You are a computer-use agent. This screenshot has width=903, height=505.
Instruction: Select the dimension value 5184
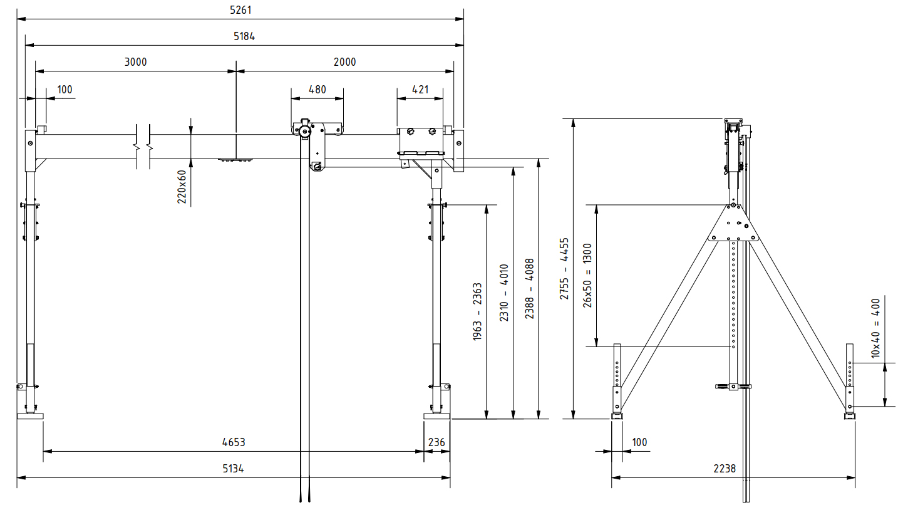[x=244, y=36]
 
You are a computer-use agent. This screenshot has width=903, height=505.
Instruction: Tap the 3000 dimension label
[x=135, y=61]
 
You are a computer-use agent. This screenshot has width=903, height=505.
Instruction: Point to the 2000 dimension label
[x=344, y=61]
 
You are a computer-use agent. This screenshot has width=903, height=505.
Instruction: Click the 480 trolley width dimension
[x=317, y=90]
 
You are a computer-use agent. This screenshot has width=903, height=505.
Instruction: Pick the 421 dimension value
[x=420, y=90]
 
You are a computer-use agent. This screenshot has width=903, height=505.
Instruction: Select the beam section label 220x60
[x=182, y=186]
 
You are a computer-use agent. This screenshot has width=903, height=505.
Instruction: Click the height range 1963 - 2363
[x=477, y=311]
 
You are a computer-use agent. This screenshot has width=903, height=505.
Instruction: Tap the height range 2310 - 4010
[x=504, y=293]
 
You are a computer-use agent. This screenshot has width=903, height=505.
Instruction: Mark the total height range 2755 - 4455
[x=564, y=268]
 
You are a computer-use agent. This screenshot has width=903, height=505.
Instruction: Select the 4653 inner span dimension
[x=234, y=442]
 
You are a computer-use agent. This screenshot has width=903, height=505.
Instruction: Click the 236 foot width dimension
[x=436, y=442]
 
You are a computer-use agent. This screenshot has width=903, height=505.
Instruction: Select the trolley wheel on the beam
[x=305, y=132]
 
